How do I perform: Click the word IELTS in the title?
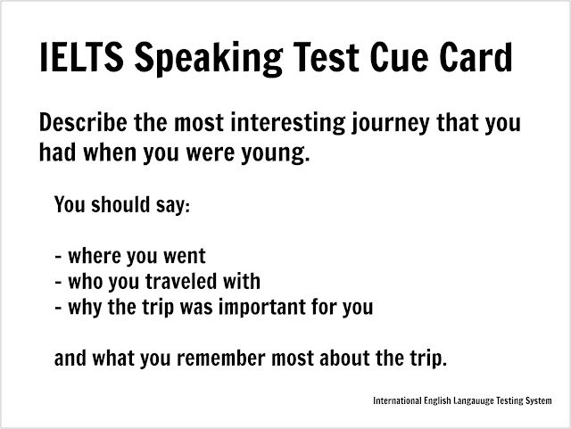click(x=81, y=57)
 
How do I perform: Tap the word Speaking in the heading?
click(x=209, y=59)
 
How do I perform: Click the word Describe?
click(x=83, y=122)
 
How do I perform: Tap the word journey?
click(x=390, y=124)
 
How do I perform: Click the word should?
click(x=120, y=204)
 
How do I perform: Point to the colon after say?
click(x=187, y=207)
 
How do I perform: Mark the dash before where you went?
click(x=58, y=257)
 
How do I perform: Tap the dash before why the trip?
click(x=58, y=308)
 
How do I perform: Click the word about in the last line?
click(x=344, y=358)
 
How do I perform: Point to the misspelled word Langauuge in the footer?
click(x=474, y=401)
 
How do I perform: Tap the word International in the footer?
click(x=397, y=401)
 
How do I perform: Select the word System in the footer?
click(x=538, y=401)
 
